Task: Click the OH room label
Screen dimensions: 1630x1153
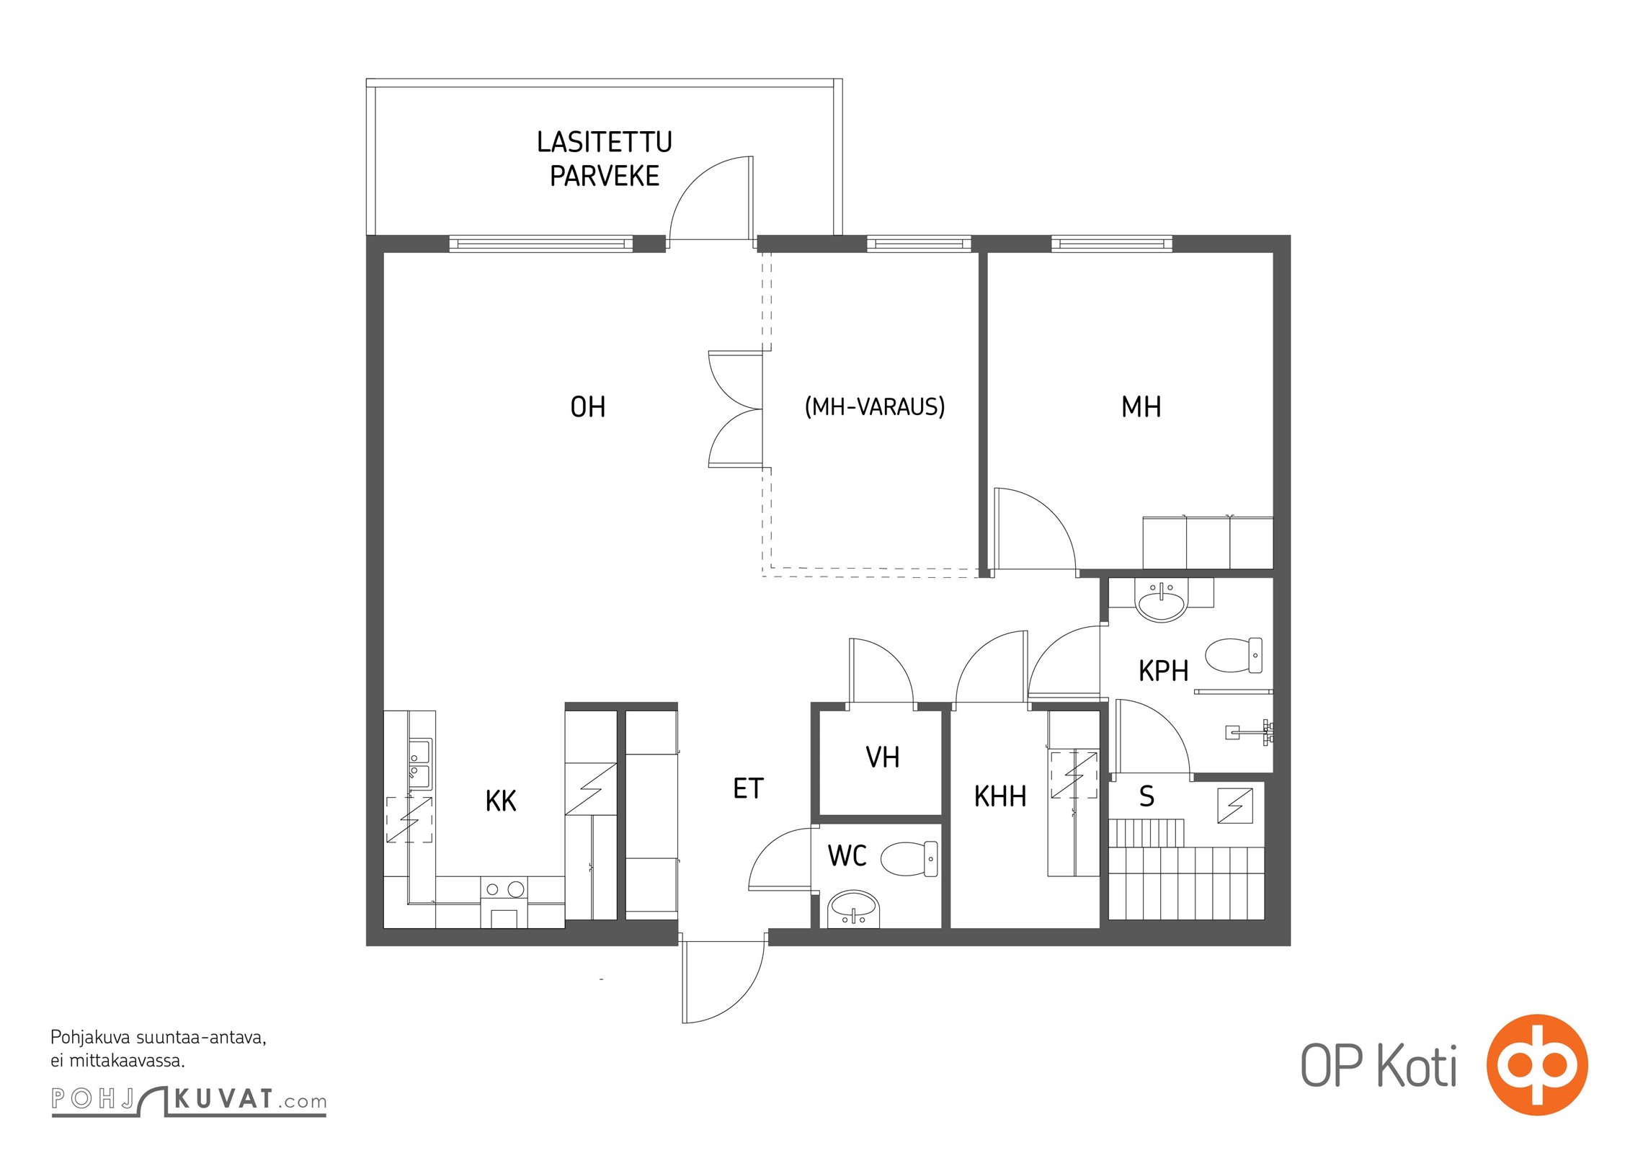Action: coord(587,407)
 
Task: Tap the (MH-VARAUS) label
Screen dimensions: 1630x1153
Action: coord(874,407)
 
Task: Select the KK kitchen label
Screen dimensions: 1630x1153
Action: coord(501,801)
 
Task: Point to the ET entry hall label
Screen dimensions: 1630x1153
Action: coord(748,789)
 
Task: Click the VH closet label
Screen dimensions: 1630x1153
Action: coord(882,757)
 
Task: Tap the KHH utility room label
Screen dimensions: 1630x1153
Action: coord(1000,797)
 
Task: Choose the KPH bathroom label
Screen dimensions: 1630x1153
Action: coord(1163,671)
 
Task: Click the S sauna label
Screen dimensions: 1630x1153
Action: coord(1146,796)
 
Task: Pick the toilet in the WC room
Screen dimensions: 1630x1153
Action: coord(909,858)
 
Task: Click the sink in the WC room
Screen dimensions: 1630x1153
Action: coord(854,909)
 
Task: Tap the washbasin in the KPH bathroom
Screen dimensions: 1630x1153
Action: coord(1161,601)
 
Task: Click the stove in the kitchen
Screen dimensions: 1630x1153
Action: coord(504,902)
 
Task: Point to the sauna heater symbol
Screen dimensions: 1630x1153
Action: coord(1235,806)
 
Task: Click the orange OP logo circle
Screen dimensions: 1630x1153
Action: coord(1537,1065)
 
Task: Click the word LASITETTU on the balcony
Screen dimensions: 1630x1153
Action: coord(605,142)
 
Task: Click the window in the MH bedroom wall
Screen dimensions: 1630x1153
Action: coord(1112,244)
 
